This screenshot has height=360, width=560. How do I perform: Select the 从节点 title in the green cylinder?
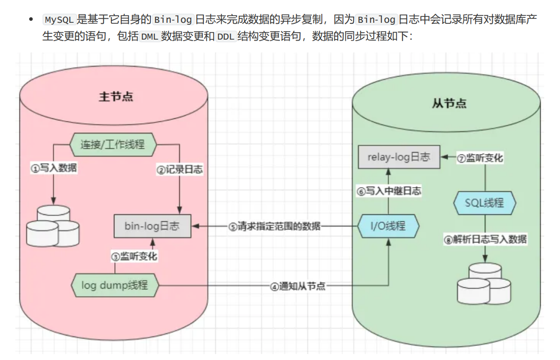coord(449,103)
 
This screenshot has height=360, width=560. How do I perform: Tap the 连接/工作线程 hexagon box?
coord(113,144)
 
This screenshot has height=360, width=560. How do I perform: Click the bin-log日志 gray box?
coord(153,226)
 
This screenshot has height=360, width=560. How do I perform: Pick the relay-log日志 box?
coord(399,157)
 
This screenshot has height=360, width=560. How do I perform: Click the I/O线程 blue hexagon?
coord(389,226)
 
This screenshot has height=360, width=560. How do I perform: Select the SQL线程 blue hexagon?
coord(485,203)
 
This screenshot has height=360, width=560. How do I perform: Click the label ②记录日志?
coord(180,169)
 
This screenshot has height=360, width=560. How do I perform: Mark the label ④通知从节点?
coord(298,286)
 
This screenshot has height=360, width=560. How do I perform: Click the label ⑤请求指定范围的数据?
coord(275,227)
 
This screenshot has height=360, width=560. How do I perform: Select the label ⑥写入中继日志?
coord(389,192)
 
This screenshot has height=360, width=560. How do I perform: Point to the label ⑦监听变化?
coord(479,158)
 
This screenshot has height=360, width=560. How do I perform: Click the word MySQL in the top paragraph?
coord(59,20)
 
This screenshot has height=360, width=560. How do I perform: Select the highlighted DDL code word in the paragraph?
coord(226,37)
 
